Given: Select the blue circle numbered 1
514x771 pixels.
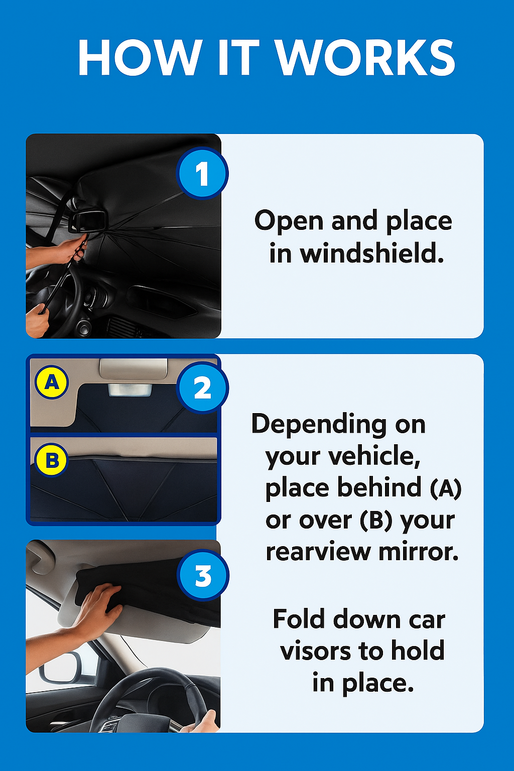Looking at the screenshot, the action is (x=202, y=174).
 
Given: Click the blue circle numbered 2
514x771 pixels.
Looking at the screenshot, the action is (x=202, y=388).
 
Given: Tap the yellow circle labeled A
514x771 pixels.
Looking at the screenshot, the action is (x=52, y=382).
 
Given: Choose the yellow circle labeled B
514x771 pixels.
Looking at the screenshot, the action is (x=52, y=460).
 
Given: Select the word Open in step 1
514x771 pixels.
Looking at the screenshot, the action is (x=289, y=221).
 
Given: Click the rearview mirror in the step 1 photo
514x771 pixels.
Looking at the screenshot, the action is (x=87, y=222).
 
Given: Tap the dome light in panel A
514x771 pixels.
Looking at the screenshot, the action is (x=130, y=390).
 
